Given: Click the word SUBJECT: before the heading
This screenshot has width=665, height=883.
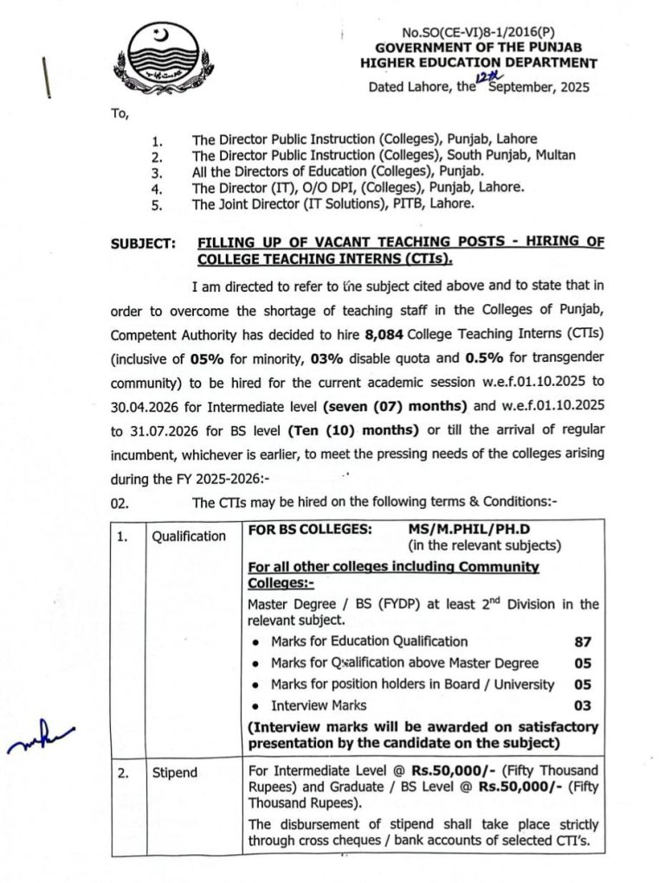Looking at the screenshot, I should [x=142, y=245].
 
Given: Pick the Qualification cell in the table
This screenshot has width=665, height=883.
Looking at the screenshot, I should [x=189, y=536].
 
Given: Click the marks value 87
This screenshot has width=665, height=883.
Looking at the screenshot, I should [x=583, y=641].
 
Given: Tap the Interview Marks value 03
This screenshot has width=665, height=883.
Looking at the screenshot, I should [x=583, y=706].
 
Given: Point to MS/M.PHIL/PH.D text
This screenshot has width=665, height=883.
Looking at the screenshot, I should [x=462, y=527].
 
